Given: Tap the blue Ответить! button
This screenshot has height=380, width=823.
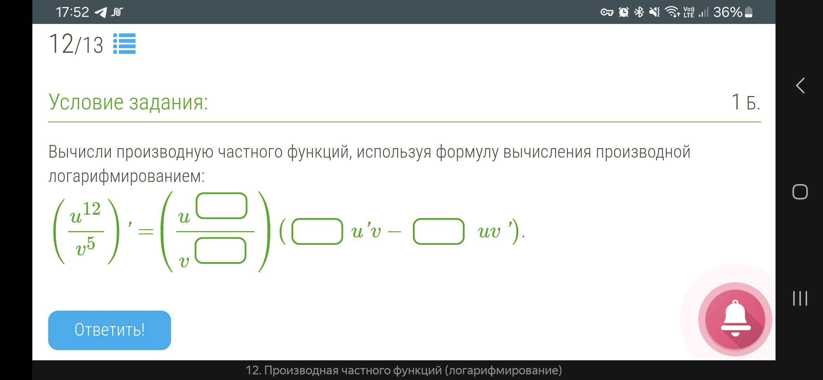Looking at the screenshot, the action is tap(109, 330).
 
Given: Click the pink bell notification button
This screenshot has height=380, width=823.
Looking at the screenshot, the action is tap(735, 319).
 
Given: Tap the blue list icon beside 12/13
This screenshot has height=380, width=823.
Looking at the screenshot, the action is tap(125, 44).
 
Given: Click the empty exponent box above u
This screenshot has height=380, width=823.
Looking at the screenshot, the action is tap(222, 206).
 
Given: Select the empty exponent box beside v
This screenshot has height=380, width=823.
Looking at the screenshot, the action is tap(221, 251).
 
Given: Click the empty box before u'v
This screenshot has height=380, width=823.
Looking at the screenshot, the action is tap(317, 232).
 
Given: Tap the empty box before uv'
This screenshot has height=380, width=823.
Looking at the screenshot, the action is tap(439, 232).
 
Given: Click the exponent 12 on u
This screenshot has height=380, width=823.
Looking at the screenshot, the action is tap(92, 209).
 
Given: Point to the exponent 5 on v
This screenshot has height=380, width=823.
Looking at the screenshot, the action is tap(91, 243).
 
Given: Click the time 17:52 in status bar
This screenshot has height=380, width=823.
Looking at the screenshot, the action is tap(72, 12).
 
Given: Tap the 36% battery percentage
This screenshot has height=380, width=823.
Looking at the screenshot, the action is tap(727, 12).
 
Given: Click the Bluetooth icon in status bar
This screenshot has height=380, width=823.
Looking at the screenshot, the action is tap(639, 12).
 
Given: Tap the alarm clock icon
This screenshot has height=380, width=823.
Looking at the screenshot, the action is tap(624, 12).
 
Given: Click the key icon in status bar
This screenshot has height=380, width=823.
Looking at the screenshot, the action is tap(607, 13).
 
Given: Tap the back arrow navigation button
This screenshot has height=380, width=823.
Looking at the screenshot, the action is tap(800, 85).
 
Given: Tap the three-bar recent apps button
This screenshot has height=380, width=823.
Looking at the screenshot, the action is tap(800, 298).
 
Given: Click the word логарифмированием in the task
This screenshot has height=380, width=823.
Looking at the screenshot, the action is tap(126, 176).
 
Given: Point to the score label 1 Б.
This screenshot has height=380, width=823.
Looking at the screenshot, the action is tap(746, 102).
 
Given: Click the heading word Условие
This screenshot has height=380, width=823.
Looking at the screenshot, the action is tap(86, 102).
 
